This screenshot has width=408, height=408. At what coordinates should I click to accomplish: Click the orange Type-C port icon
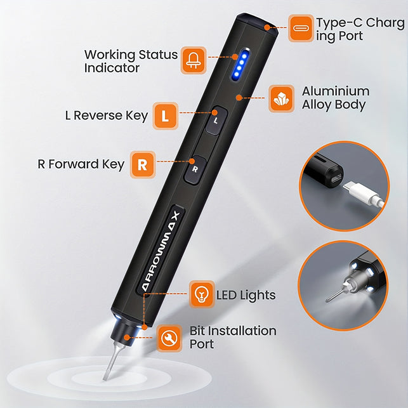coord(301,28)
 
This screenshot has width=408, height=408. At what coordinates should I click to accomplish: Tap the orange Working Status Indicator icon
coord(194,60)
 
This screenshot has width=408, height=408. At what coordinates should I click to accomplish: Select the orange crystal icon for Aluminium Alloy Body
coord(281,98)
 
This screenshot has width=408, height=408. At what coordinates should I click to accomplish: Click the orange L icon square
coord(166,115)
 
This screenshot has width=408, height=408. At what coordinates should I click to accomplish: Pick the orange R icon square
coord(143,164)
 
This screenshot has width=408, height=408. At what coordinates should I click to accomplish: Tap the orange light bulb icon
coord(202,294)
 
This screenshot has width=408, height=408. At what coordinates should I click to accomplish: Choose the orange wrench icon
coord(169,338)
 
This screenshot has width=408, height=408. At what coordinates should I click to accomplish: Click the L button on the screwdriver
coord(216,120)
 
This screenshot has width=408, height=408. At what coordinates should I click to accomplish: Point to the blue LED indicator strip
coord(240,64)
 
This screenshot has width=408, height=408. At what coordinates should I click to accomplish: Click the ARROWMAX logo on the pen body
coord(161,251)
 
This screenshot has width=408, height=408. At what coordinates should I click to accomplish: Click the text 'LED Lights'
coord(246,295)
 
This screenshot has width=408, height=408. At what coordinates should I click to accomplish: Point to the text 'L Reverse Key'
coord(106,115)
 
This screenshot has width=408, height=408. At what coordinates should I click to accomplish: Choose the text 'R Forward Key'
coord(81,164)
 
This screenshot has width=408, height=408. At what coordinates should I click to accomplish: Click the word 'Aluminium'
coord(336,91)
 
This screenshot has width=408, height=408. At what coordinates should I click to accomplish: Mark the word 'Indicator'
coord(112,68)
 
